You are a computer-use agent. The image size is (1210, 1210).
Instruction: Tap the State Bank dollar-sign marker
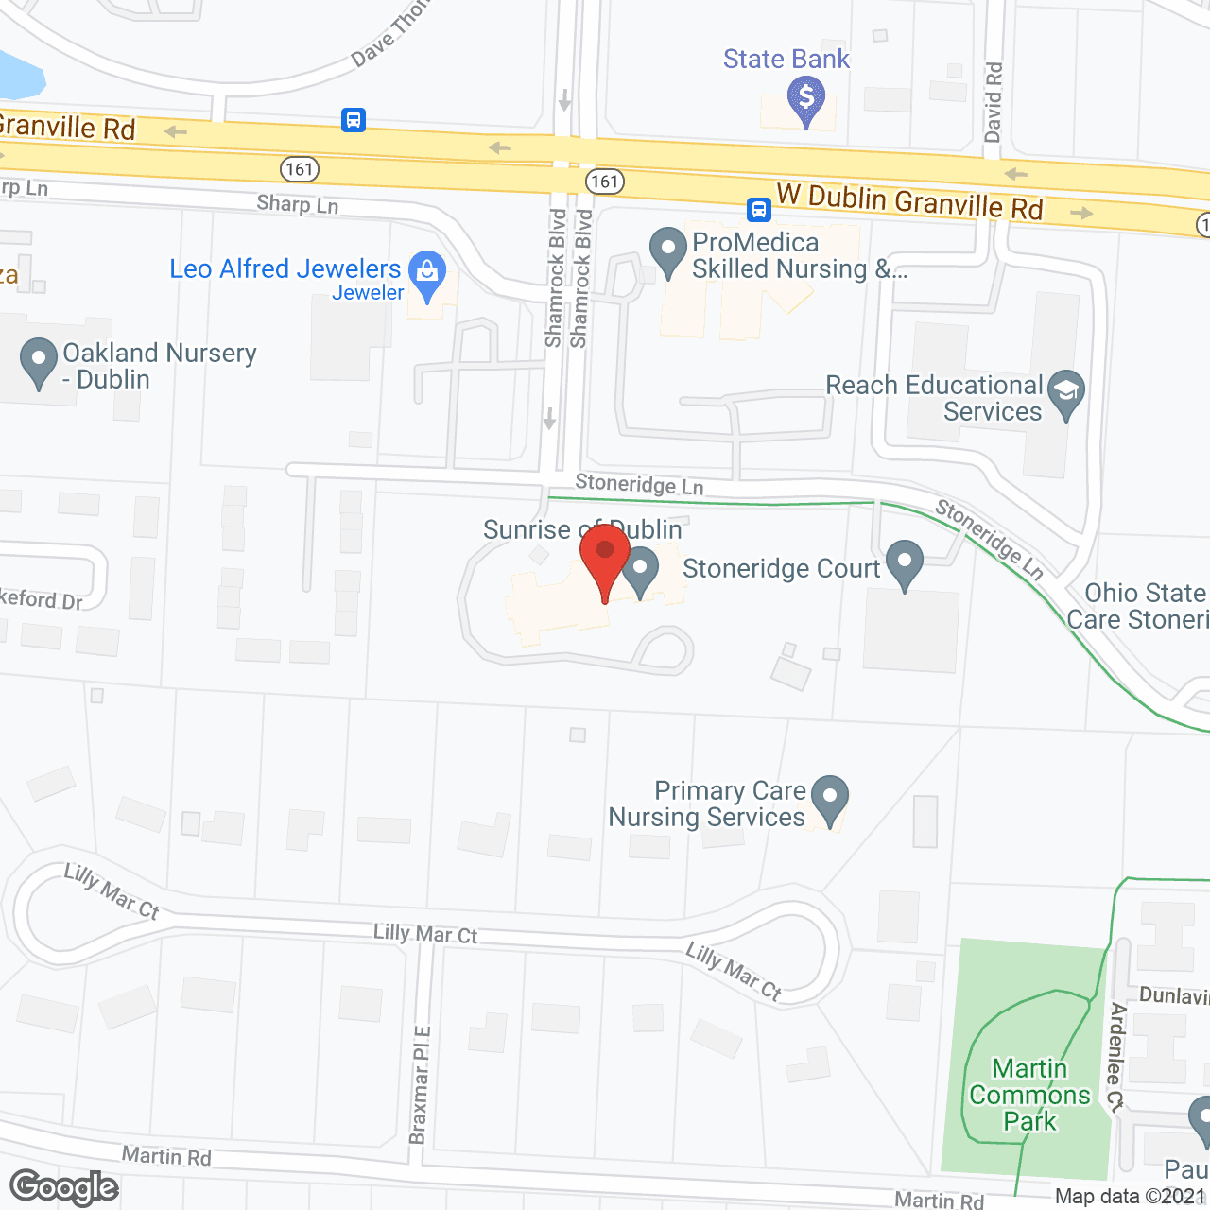pyautogui.click(x=805, y=98)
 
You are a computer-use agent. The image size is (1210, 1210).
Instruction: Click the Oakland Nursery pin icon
pyautogui.click(x=39, y=361)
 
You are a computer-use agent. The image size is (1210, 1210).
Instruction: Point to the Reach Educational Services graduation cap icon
pyautogui.click(x=1066, y=392)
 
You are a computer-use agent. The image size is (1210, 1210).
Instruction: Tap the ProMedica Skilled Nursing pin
pyautogui.click(x=668, y=251)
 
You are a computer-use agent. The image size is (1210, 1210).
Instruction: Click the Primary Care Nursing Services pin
pyautogui.click(x=830, y=799)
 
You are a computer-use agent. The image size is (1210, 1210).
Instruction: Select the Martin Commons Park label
pyautogui.click(x=1029, y=1095)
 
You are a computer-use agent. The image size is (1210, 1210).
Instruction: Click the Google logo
pyautogui.click(x=64, y=1187)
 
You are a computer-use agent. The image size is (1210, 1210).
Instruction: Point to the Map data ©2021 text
pyautogui.click(x=1131, y=1196)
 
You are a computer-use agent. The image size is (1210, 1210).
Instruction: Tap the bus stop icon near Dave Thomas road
pyautogui.click(x=354, y=120)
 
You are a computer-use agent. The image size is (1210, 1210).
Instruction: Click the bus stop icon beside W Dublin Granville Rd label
pyautogui.click(x=758, y=209)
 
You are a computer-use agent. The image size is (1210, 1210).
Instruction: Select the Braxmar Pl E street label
pyautogui.click(x=420, y=1084)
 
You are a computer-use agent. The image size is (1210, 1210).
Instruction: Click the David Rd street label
pyautogui.click(x=993, y=102)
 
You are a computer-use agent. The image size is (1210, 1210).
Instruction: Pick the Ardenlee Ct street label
pyautogui.click(x=1116, y=1057)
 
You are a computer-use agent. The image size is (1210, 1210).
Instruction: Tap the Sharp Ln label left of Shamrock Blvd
pyautogui.click(x=297, y=204)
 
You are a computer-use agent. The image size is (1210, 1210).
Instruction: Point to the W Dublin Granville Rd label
pyautogui.click(x=909, y=201)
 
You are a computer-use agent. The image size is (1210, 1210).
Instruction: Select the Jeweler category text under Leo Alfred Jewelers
pyautogui.click(x=368, y=293)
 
